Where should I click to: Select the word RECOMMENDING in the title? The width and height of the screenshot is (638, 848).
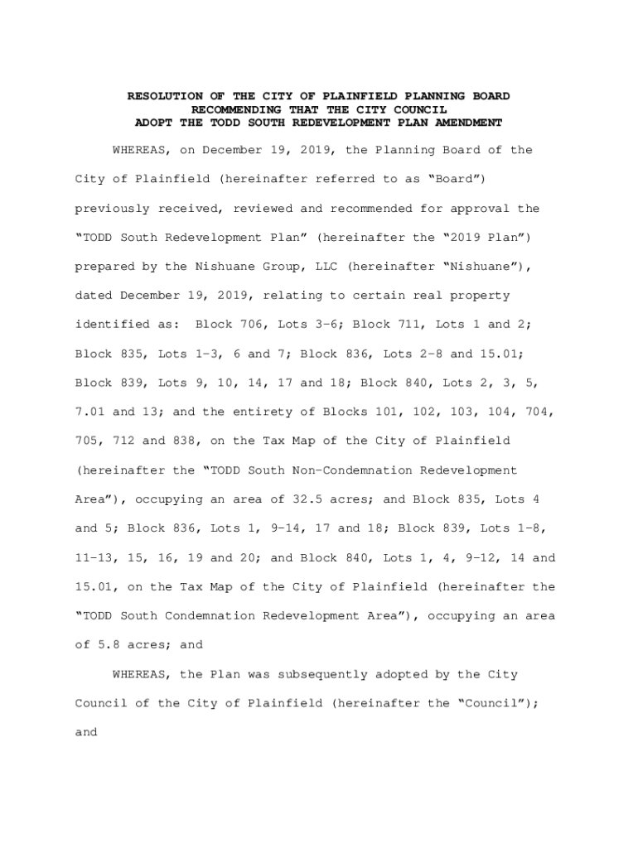click(x=236, y=109)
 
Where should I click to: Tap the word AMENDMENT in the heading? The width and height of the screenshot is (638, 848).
click(x=468, y=123)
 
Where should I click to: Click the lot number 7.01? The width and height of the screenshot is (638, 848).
click(x=89, y=412)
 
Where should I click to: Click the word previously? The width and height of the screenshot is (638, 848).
click(x=109, y=209)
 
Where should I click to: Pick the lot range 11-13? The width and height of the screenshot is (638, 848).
click(x=93, y=557)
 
